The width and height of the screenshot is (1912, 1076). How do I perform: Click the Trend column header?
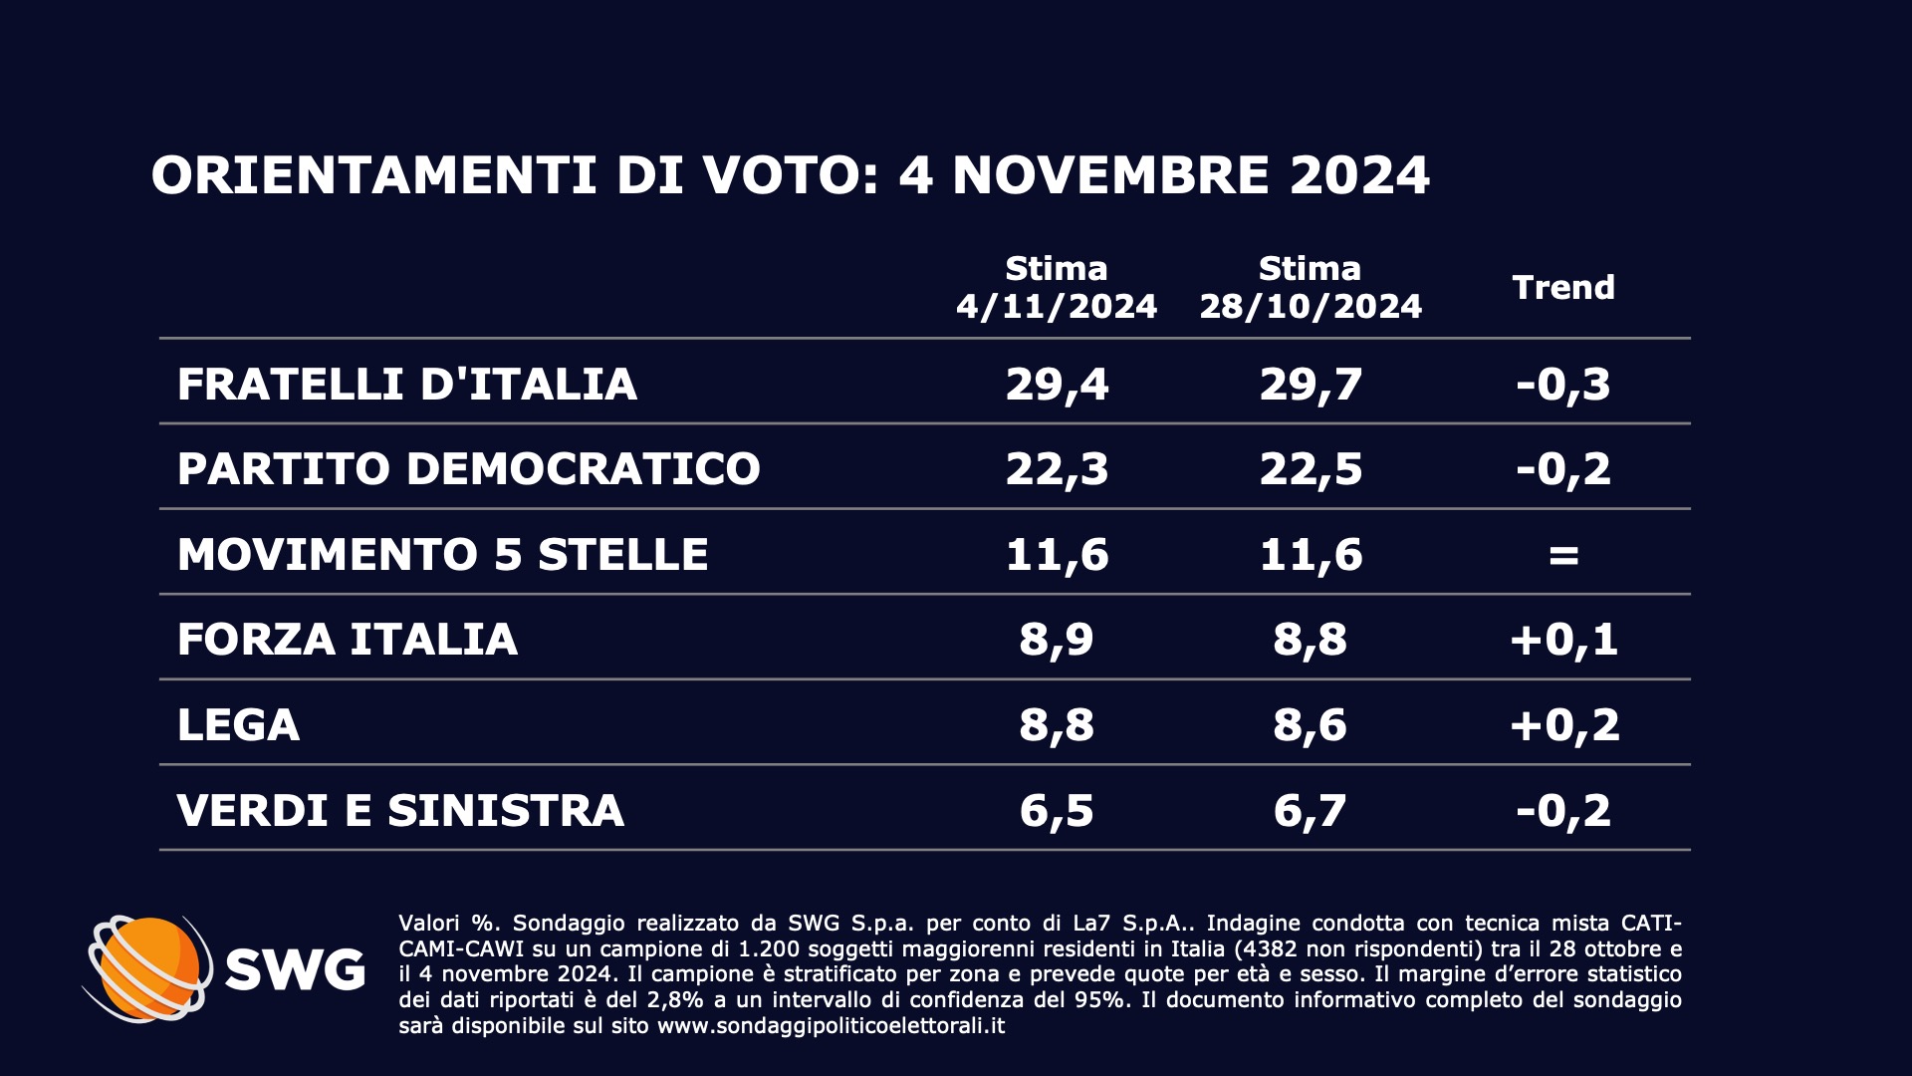pyautogui.click(x=1562, y=287)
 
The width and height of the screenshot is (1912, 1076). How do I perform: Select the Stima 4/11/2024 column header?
pyautogui.click(x=1057, y=287)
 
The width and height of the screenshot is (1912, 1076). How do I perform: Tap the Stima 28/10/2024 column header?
pyautogui.click(x=1311, y=287)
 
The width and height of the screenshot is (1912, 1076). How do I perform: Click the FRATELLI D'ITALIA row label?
pyautogui.click(x=406, y=384)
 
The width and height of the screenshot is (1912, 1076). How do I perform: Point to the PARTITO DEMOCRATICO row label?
pyautogui.click(x=468, y=468)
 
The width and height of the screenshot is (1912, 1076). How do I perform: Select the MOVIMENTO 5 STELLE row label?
pyautogui.click(x=442, y=554)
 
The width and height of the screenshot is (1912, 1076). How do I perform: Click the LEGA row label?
pyautogui.click(x=238, y=724)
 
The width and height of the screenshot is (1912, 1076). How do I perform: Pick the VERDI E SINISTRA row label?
pyautogui.click(x=400, y=810)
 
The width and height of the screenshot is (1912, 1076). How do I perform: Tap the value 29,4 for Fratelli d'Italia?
pyautogui.click(x=1057, y=384)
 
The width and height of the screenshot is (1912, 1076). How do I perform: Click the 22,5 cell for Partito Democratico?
pyautogui.click(x=1311, y=468)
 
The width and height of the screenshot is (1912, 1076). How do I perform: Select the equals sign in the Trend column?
pyautogui.click(x=1563, y=555)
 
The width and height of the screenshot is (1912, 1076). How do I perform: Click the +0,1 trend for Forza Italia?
pyautogui.click(x=1563, y=639)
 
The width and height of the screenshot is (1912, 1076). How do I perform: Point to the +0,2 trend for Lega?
pyautogui.click(x=1563, y=724)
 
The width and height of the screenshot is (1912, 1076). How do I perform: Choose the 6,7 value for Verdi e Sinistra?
pyautogui.click(x=1311, y=810)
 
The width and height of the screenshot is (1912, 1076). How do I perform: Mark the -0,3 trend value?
pyautogui.click(x=1563, y=384)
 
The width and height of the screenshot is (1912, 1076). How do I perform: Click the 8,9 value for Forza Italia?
pyautogui.click(x=1057, y=639)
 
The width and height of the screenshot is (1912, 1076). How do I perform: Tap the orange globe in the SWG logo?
pyautogui.click(x=149, y=966)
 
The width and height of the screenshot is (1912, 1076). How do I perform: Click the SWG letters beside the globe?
pyautogui.click(x=295, y=968)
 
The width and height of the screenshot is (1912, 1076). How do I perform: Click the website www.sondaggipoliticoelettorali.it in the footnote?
pyautogui.click(x=831, y=1025)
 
